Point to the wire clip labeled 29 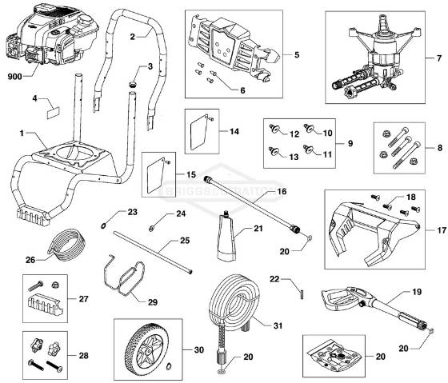tap(122, 274)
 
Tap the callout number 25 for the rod tap(184, 241)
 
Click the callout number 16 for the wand tap(281, 193)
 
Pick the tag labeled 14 tap(198, 131)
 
